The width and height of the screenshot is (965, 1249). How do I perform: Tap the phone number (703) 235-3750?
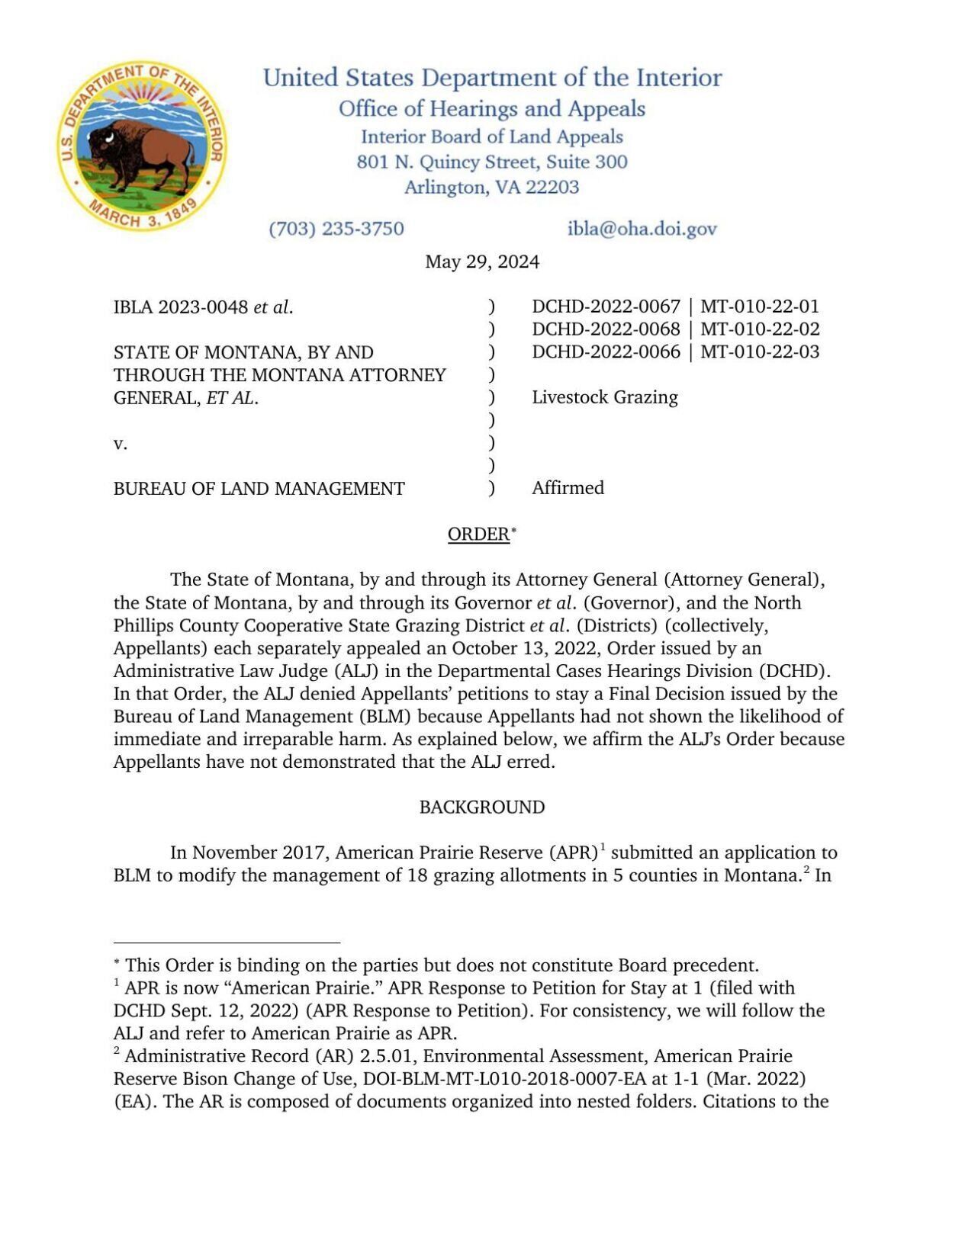pyautogui.click(x=336, y=229)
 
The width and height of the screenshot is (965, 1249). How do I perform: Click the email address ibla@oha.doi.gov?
pyautogui.click(x=642, y=229)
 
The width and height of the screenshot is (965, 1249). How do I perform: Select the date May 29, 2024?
pyautogui.click(x=481, y=262)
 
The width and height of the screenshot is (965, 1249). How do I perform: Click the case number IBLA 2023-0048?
pyautogui.click(x=180, y=307)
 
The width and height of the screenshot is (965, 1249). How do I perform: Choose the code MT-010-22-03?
pyautogui.click(x=760, y=352)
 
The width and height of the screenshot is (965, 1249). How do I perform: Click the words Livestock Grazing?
pyautogui.click(x=604, y=397)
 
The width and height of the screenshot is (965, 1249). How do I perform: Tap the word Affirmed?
pyautogui.click(x=568, y=488)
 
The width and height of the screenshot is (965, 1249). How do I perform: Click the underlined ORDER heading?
pyautogui.click(x=478, y=535)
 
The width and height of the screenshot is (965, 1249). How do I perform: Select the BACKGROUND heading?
pyautogui.click(x=481, y=808)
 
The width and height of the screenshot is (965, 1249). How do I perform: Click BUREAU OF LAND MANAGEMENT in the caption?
pyautogui.click(x=259, y=489)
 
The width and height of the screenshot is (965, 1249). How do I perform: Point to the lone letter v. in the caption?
pyautogui.click(x=120, y=444)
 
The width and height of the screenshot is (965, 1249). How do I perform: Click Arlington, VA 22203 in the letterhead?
pyautogui.click(x=491, y=188)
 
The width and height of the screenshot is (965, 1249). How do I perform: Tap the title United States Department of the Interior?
pyautogui.click(x=492, y=78)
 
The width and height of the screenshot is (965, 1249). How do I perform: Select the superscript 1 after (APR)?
pyautogui.click(x=603, y=846)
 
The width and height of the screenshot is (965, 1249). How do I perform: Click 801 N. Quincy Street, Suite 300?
pyautogui.click(x=491, y=162)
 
